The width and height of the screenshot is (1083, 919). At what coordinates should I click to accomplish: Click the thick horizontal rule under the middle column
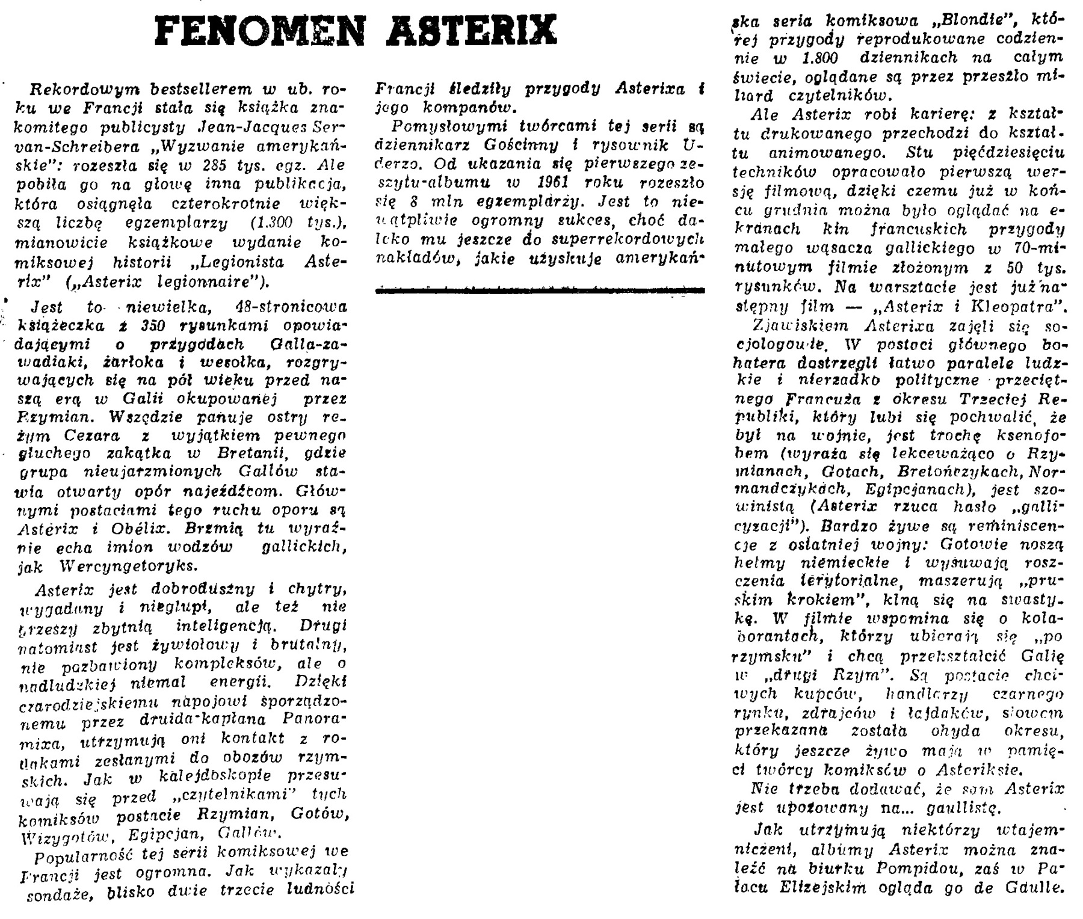540,291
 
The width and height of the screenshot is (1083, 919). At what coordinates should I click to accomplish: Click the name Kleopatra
1017,307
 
